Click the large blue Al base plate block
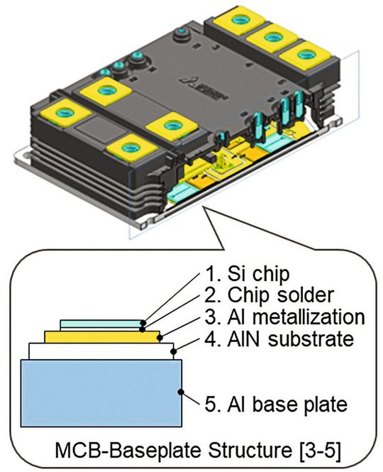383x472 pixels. [x=99, y=393]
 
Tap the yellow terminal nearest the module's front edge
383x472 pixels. [x=128, y=148]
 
